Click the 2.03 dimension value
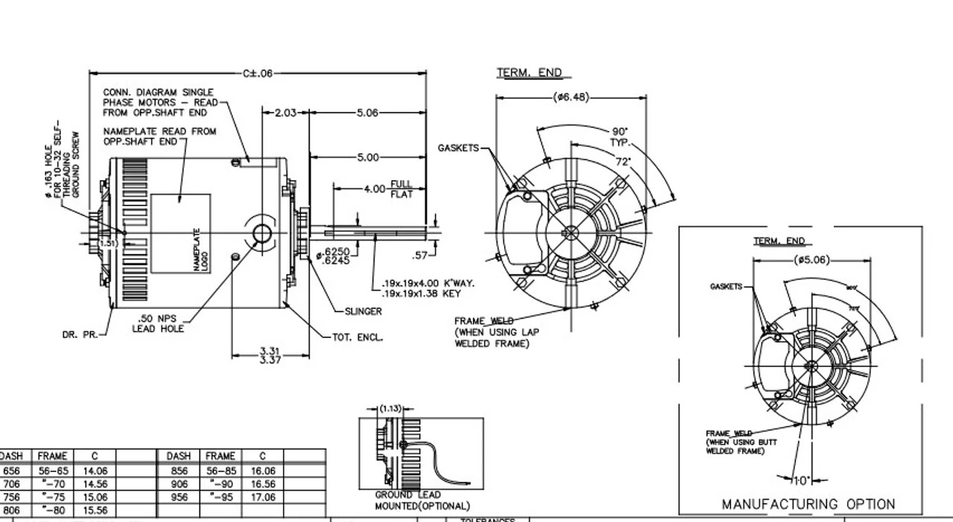tap(286, 113)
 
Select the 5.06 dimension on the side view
tap(368, 113)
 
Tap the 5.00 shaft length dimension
tap(368, 158)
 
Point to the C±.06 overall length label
tap(258, 73)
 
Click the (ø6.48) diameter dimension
tap(570, 97)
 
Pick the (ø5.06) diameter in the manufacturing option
tap(811, 260)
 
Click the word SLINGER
tap(363, 311)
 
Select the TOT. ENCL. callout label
tap(358, 337)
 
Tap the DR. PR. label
tap(79, 335)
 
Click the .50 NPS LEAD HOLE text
tap(158, 323)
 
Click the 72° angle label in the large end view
tap(623, 162)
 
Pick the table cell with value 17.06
tap(263, 497)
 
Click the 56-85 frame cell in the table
tap(220, 471)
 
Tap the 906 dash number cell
tap(179, 484)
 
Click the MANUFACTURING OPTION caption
tap(808, 504)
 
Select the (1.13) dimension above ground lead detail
tap(390, 408)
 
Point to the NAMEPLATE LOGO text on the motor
tap(198, 249)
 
